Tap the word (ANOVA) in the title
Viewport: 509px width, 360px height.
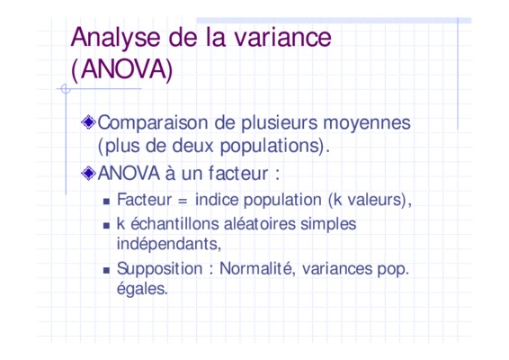pos(121,69)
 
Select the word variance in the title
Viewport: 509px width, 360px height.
pos(282,38)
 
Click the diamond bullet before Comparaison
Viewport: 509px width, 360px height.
pos(88,122)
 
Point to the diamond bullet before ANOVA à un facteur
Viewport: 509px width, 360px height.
pos(88,173)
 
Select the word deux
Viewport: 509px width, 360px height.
pos(192,146)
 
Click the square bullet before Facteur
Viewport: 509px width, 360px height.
pos(106,202)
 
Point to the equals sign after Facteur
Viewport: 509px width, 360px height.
pos(183,201)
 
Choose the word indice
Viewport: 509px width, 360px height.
pos(217,200)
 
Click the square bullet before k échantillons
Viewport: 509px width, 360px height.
pos(106,226)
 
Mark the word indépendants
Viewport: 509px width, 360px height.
pos(167,244)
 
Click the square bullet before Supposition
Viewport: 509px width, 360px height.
pos(106,270)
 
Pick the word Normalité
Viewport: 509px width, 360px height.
pos(255,269)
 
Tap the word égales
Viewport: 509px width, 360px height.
pos(142,289)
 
